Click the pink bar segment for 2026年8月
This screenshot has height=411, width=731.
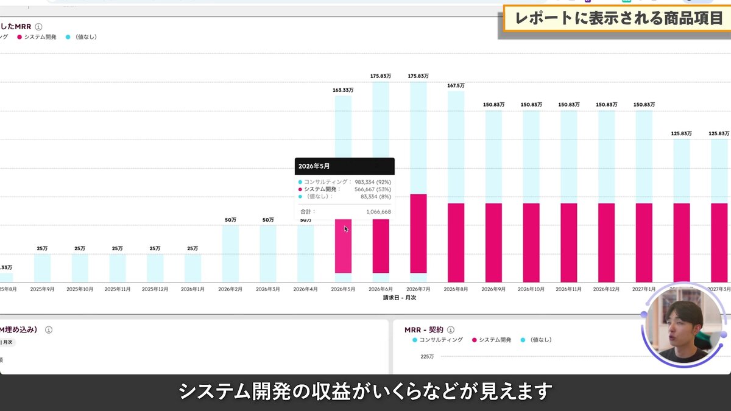456,242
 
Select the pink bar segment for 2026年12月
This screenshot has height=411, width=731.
606,242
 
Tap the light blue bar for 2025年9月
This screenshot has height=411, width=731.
42,268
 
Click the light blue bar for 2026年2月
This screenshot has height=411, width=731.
230,253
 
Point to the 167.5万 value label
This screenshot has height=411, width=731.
456,86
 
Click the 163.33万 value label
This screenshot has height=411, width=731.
343,90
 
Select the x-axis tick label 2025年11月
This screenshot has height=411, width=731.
117,289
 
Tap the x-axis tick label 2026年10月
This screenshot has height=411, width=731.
531,289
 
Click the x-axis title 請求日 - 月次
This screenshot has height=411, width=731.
399,298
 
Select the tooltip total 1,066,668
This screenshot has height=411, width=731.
378,211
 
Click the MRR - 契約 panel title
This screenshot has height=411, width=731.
425,329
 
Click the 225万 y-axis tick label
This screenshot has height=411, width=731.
427,356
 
